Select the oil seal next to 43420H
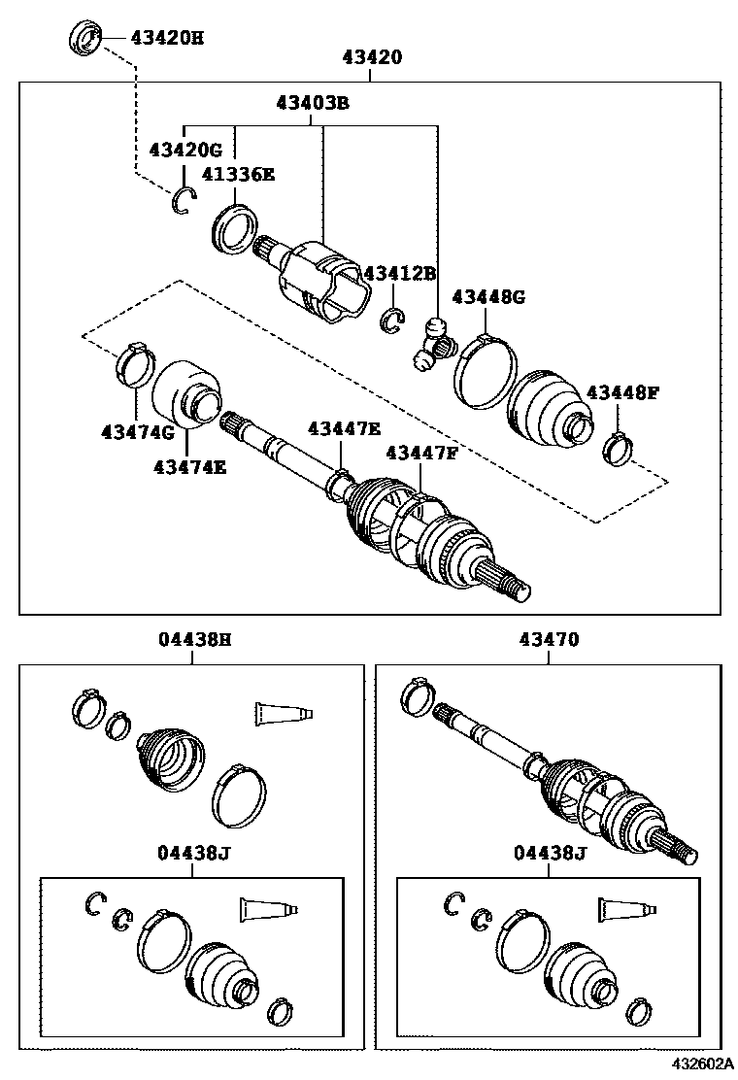pos(85,39)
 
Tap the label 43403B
pos(312,102)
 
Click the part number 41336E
pos(238,175)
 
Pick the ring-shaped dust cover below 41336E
pos(234,229)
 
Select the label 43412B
pos(400,273)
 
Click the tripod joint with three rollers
pos(433,344)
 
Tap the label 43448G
pos(487,296)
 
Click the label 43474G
pos(138,431)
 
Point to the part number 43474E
pos(189,466)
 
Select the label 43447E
pos(345,428)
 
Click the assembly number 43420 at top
pos(371,57)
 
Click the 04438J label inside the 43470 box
pos(551,854)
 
